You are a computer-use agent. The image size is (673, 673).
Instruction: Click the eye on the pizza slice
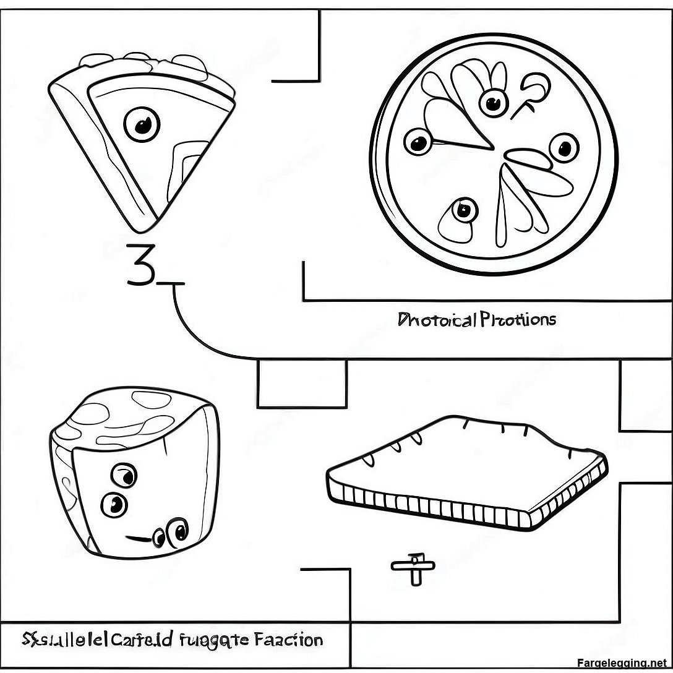point(140,126)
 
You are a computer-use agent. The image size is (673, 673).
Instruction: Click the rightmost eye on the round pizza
point(564,148)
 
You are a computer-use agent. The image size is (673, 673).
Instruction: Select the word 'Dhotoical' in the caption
point(437,320)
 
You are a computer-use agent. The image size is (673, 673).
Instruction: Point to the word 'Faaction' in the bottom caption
point(287,639)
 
